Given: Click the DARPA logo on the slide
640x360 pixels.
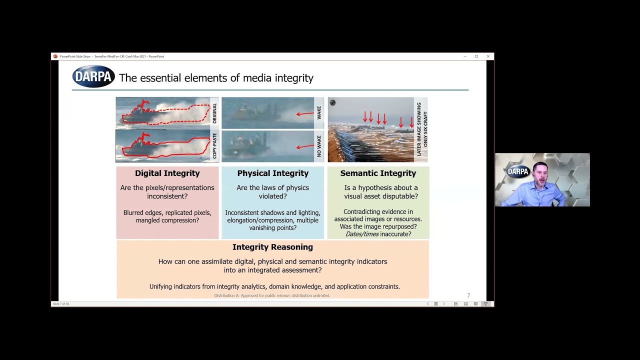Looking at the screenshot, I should click(x=93, y=77).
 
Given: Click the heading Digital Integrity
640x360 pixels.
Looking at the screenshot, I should click(x=167, y=173).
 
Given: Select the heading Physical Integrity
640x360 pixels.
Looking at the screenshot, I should click(x=272, y=173).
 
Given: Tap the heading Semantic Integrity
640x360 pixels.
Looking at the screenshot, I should click(x=378, y=173).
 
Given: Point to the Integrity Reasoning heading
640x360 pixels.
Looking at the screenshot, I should click(x=272, y=247).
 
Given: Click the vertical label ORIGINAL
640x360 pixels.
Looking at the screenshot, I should click(x=214, y=113).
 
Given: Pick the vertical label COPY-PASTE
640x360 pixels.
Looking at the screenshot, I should click(x=214, y=146).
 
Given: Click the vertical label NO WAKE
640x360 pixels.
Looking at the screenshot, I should click(x=319, y=146).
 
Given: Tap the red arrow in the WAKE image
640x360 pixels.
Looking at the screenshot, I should click(x=304, y=114).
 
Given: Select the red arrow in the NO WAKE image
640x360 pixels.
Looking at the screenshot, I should click(x=304, y=147).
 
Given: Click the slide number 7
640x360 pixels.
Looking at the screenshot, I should click(x=468, y=295).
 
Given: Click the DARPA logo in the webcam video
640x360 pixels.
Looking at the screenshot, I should click(x=517, y=171).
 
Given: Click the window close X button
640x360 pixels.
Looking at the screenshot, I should click(x=488, y=56).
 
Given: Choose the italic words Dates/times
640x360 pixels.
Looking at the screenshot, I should click(x=362, y=234).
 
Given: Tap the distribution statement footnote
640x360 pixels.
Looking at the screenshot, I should click(x=272, y=295).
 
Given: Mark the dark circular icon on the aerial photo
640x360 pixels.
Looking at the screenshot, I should click(x=332, y=103).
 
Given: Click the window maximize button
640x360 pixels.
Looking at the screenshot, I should click(x=476, y=56).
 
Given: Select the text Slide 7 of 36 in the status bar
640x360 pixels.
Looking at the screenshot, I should click(x=60, y=304).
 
